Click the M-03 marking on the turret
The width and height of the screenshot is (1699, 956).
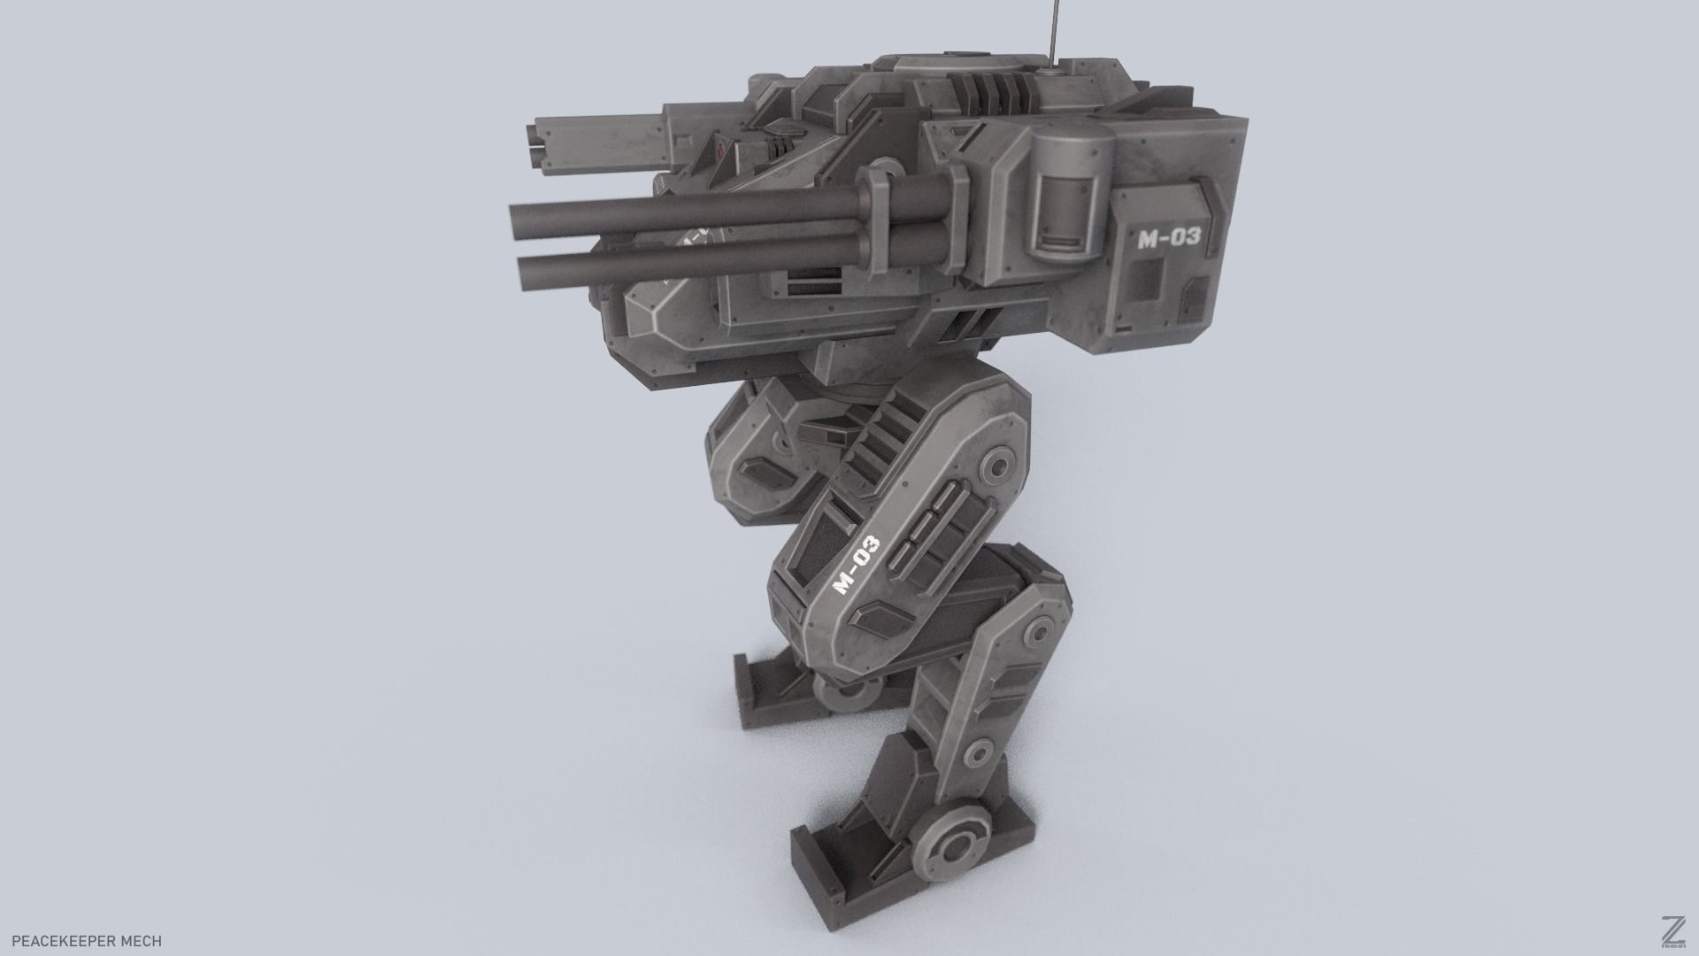1168,237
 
